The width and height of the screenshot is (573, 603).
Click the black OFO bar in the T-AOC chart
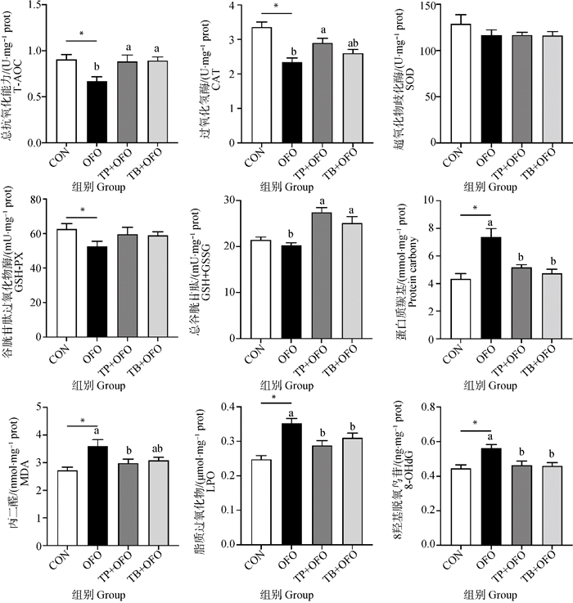click(x=97, y=112)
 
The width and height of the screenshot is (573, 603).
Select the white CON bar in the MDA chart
click(x=67, y=507)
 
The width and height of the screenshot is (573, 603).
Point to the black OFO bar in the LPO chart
click(x=292, y=484)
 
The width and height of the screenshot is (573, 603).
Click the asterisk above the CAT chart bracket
click(x=277, y=7)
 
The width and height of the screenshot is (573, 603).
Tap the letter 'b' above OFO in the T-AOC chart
click(x=97, y=67)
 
